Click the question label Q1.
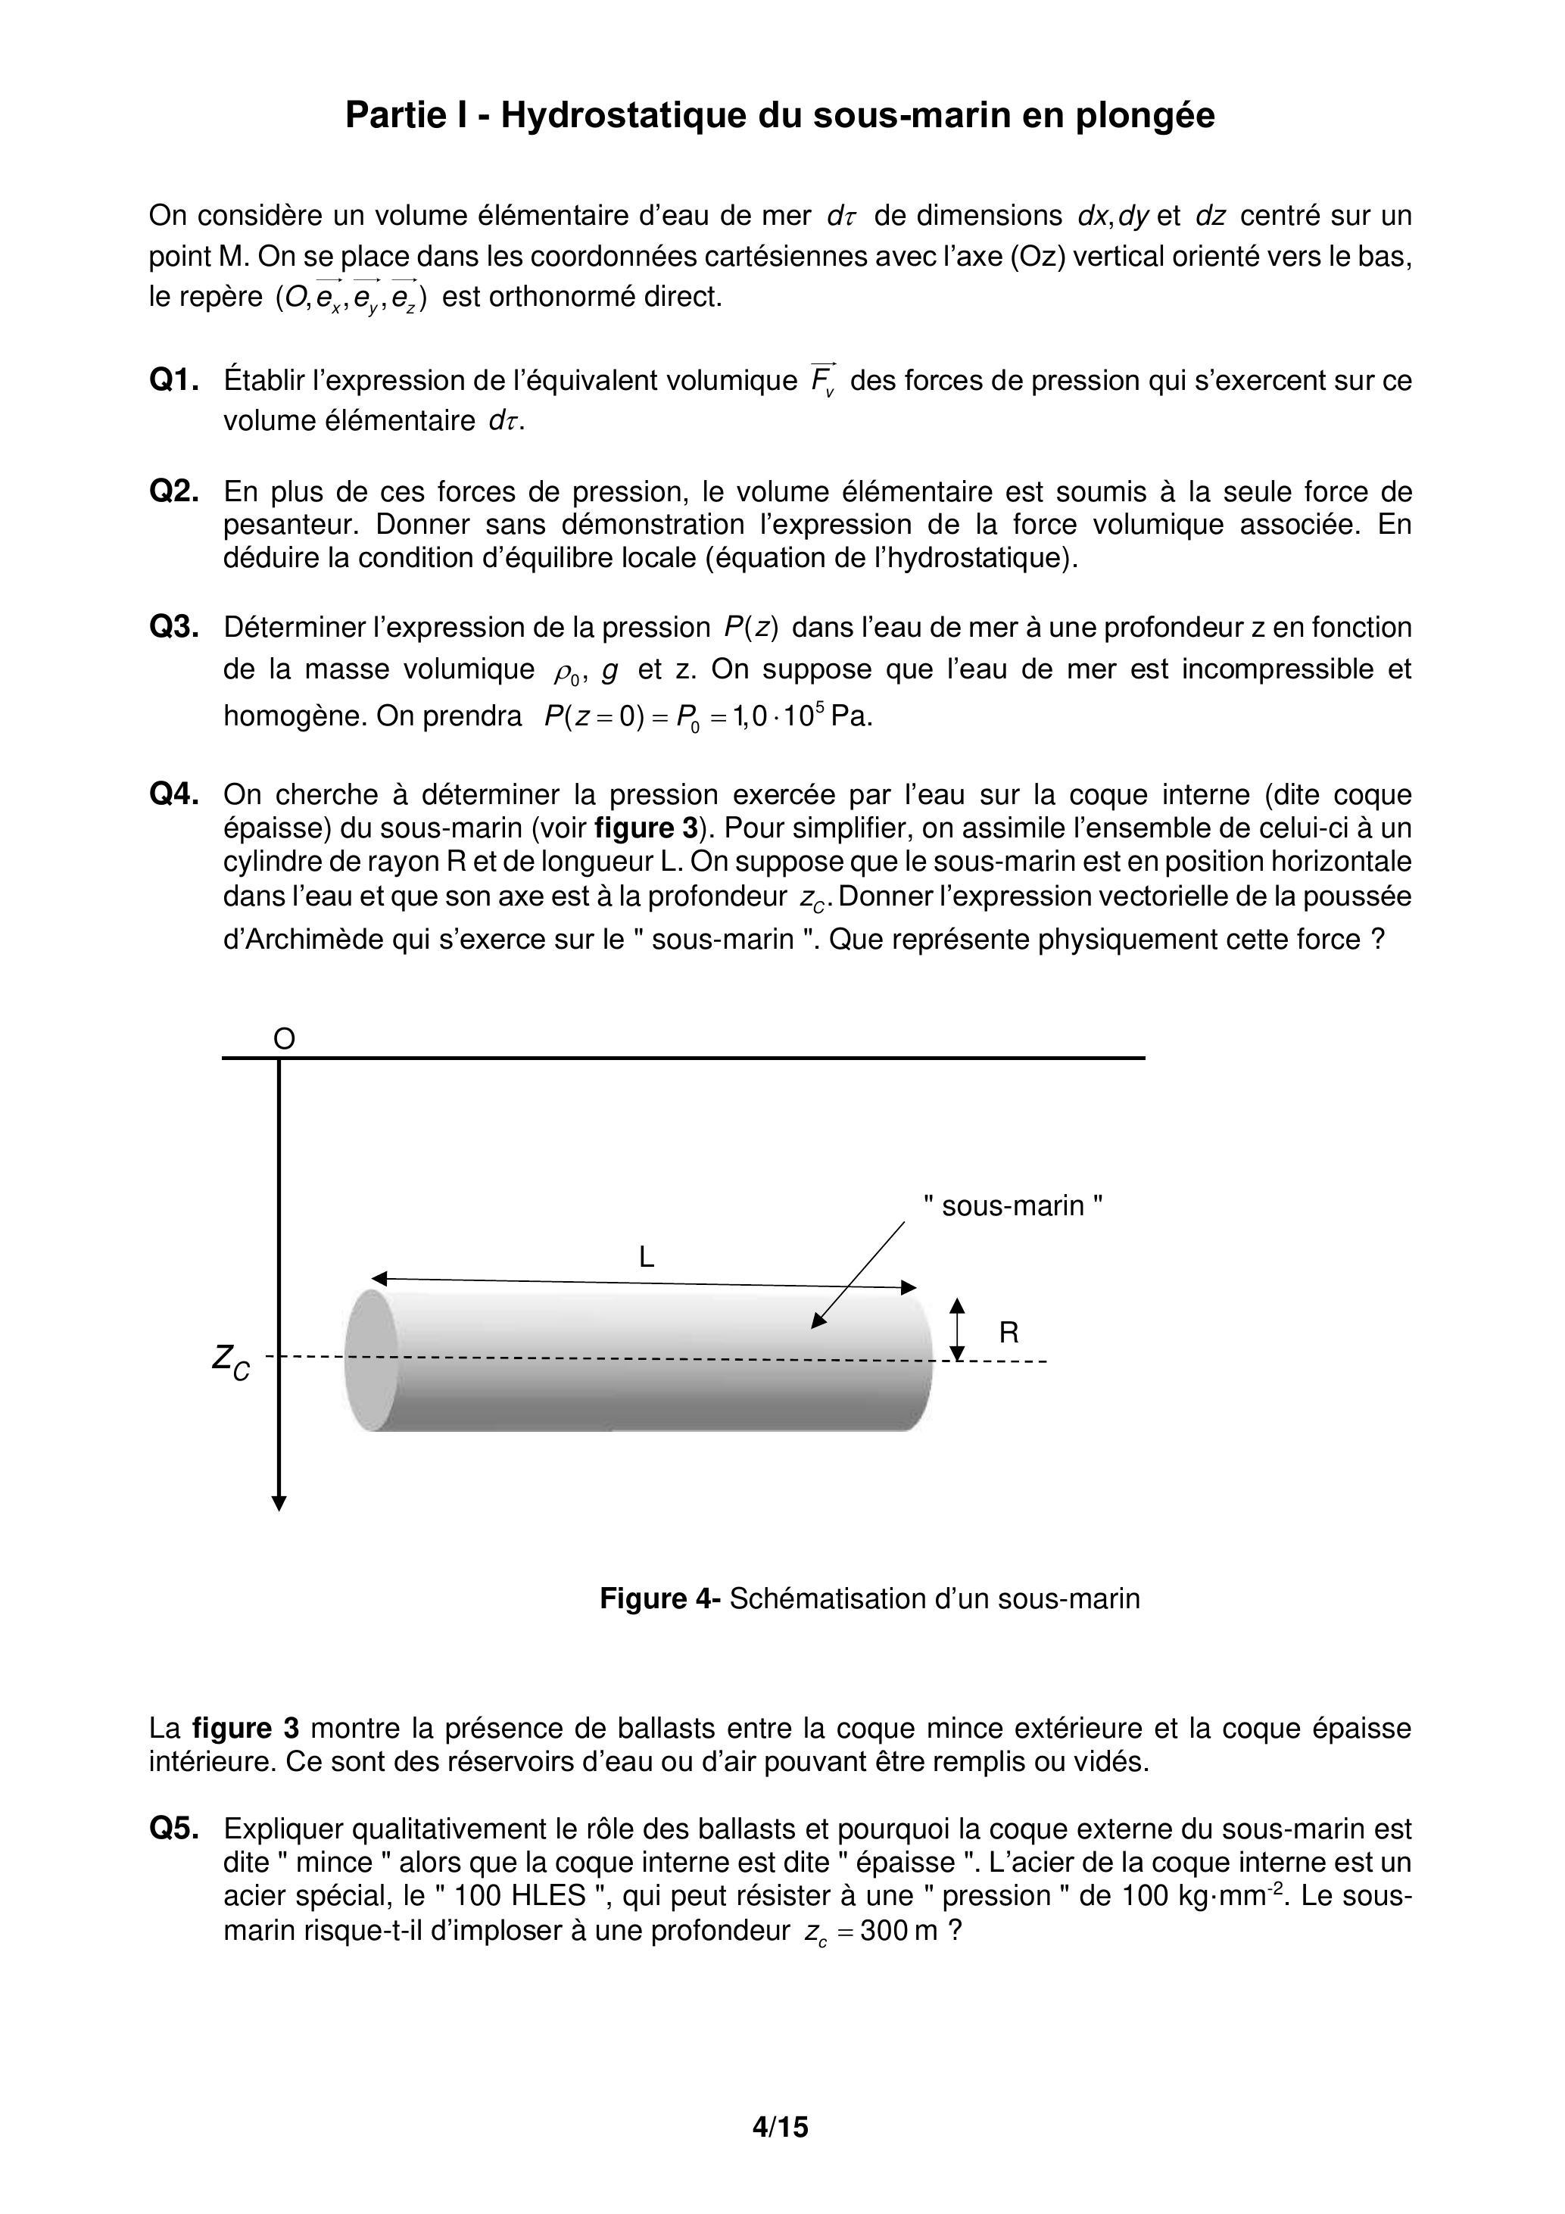click(173, 381)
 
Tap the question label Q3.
click(173, 628)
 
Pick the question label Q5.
click(173, 1829)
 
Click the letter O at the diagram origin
click(283, 1040)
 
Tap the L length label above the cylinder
click(646, 1256)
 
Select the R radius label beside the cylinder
click(1009, 1333)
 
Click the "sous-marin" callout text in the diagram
click(1012, 1206)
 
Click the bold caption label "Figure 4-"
click(659, 1598)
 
